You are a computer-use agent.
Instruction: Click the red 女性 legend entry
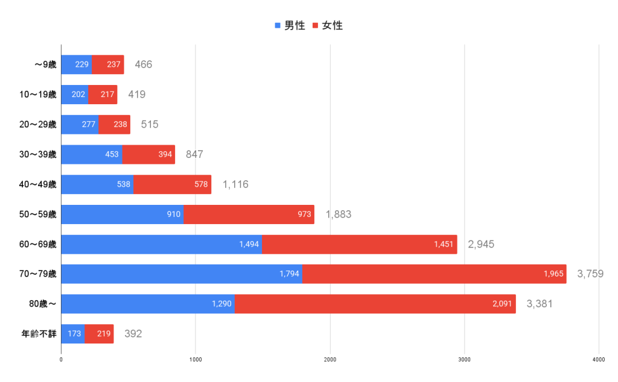[x=328, y=25]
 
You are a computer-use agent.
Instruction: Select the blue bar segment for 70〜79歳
[x=182, y=274]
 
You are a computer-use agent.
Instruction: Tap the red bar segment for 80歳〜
[x=375, y=304]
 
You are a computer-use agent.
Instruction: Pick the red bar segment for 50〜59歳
[x=249, y=214]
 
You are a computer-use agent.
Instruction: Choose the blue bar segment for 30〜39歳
[x=92, y=154]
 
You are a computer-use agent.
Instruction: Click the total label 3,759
[x=590, y=274]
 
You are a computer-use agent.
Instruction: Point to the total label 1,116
[x=235, y=184]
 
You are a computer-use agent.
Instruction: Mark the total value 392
[x=133, y=334]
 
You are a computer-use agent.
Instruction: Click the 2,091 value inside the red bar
[x=502, y=304]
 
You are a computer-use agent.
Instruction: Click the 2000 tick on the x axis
[x=330, y=360]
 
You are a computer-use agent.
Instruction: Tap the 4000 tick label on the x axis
[x=599, y=360]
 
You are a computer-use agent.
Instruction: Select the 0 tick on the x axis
[x=61, y=360]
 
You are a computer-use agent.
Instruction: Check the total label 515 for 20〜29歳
[x=150, y=125]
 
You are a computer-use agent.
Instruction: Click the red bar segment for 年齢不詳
[x=99, y=334]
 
